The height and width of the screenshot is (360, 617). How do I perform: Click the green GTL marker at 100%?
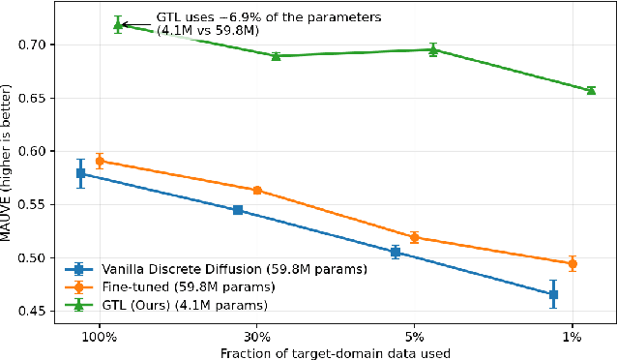tap(118, 24)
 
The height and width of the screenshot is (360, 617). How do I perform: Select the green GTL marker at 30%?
tap(276, 56)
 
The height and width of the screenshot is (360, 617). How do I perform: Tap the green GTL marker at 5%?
tap(433, 49)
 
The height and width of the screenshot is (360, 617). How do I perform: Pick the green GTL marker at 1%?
tap(591, 90)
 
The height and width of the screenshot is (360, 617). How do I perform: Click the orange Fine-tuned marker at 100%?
tap(100, 162)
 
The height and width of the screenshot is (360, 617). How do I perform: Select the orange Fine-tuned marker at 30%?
tap(257, 190)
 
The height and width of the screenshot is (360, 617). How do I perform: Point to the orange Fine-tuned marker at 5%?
tap(415, 237)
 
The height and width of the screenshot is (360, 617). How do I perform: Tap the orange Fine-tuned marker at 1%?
tap(573, 263)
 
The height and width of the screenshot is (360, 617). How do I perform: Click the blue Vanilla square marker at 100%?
tap(80, 173)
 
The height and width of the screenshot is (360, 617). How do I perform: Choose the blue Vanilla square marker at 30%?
tap(238, 210)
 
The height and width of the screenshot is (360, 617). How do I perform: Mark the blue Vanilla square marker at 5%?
tap(396, 252)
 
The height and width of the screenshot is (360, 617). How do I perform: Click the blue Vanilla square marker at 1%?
tap(553, 294)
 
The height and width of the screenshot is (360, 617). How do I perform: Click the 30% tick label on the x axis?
tap(257, 338)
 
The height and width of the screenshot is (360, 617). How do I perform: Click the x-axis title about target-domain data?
tap(336, 352)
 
